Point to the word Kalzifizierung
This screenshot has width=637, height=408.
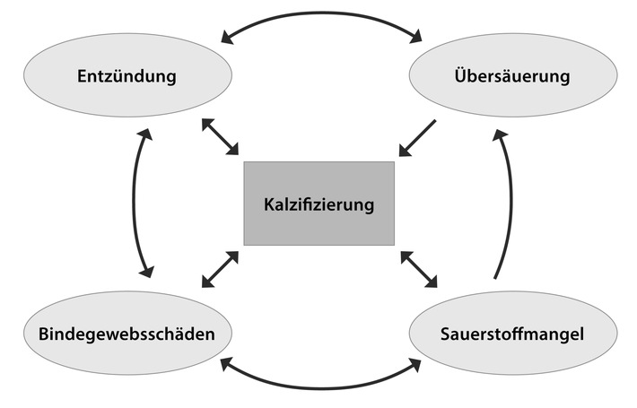tap(318, 204)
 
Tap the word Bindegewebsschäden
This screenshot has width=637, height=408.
tap(126, 335)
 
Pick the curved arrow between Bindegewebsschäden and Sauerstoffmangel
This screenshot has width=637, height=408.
tap(320, 386)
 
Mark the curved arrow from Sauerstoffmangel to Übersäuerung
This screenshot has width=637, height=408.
tap(511, 202)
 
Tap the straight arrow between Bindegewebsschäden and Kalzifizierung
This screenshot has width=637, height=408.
tap(220, 269)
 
